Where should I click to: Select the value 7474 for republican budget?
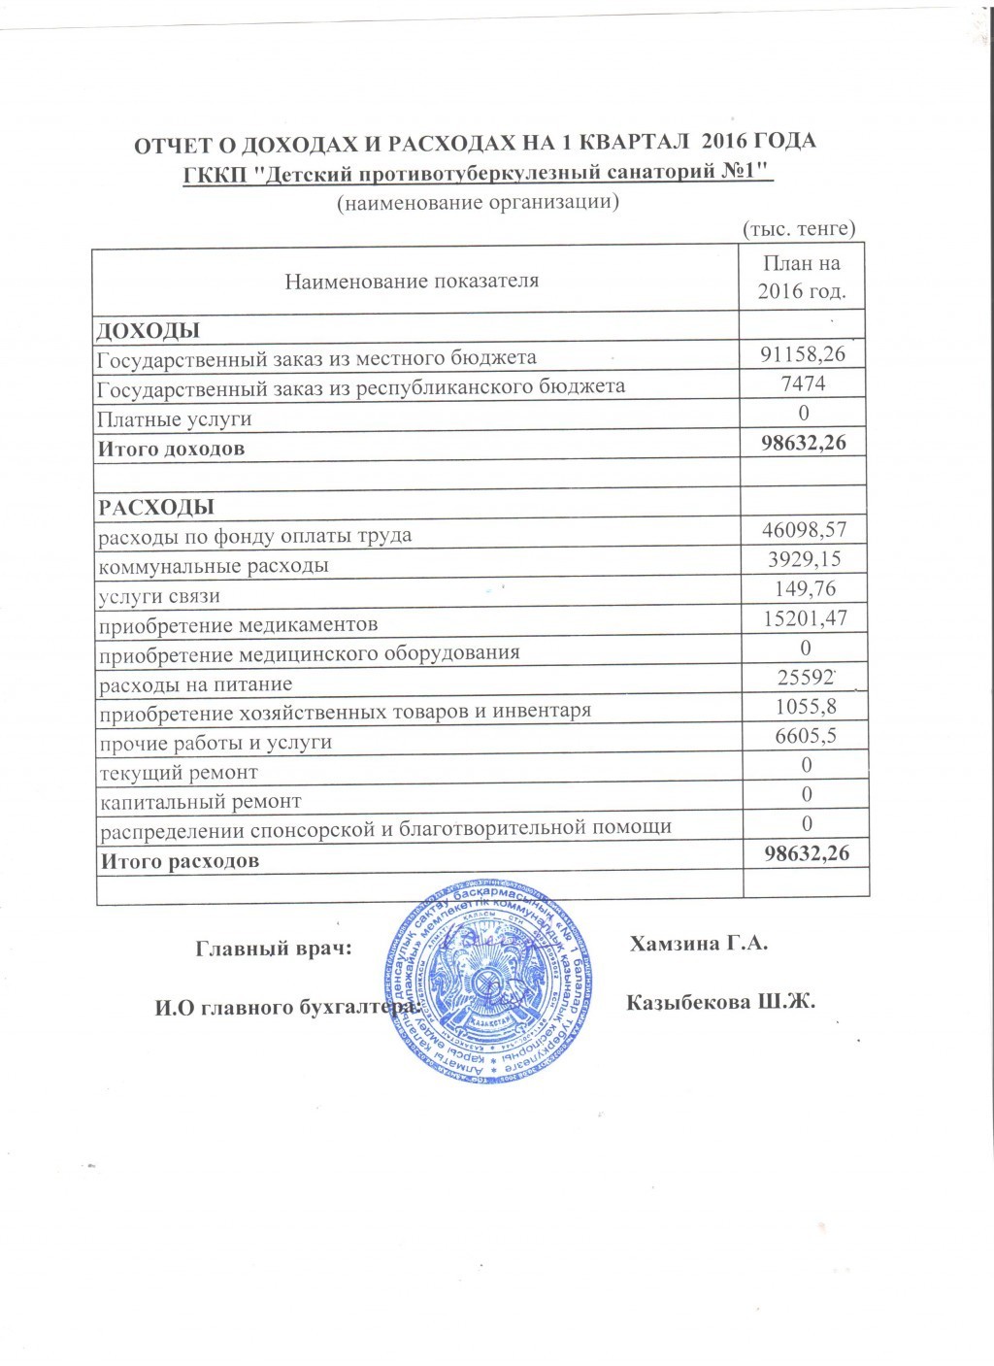click(803, 384)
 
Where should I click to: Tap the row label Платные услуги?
click(174, 419)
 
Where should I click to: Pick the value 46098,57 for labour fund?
click(803, 529)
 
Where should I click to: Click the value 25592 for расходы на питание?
click(803, 677)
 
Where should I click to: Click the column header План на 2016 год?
click(802, 277)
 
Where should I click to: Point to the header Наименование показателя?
click(412, 282)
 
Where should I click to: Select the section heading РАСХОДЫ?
click(153, 507)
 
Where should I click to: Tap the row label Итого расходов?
click(177, 860)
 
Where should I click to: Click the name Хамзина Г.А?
click(699, 944)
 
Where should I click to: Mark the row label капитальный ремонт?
click(199, 802)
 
